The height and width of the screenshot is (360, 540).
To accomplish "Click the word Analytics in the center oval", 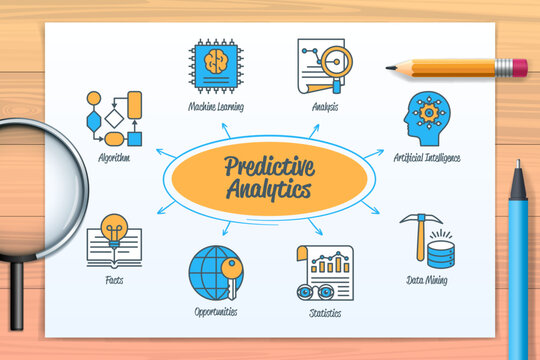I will [x=269, y=188].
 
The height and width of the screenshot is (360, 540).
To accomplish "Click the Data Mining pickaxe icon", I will [x=427, y=241].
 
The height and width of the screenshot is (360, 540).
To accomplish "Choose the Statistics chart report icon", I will [x=324, y=272].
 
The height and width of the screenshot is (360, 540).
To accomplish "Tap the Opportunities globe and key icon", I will [x=216, y=272].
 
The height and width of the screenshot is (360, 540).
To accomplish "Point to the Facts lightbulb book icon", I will [x=113, y=240].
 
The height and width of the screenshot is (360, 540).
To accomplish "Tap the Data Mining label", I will [x=427, y=281].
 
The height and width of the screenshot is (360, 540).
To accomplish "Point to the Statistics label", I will [x=324, y=313].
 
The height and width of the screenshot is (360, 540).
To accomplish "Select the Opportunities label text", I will [x=216, y=312].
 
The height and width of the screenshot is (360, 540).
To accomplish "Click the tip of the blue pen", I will [x=516, y=166].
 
